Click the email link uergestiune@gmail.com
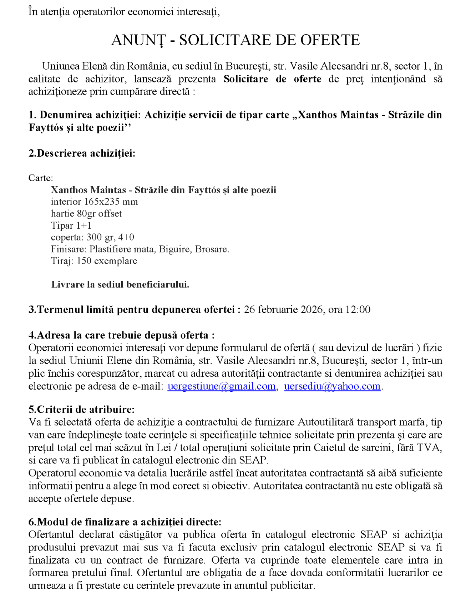221,386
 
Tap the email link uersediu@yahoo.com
332,386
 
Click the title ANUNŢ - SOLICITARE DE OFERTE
235,40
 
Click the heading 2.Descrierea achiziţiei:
82,153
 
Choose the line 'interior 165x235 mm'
94,202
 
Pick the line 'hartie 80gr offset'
86,214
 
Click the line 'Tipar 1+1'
71,225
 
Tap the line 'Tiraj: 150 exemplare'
94,261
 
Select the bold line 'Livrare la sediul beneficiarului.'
120,284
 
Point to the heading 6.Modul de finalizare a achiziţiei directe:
125,522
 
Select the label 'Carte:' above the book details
41,178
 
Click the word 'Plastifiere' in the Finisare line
110,249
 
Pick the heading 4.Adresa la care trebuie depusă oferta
121,335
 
